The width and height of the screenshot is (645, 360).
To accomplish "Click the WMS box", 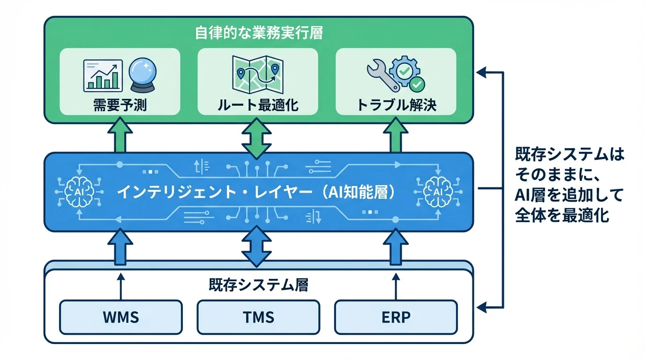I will point(120,317).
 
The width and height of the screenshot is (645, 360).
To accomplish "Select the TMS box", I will point(258,317).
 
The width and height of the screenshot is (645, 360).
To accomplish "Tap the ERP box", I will point(396,317).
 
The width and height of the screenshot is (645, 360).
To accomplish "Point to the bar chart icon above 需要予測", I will point(102,75).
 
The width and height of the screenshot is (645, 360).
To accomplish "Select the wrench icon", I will point(382,75).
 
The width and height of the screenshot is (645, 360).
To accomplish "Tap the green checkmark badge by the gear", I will point(416,85).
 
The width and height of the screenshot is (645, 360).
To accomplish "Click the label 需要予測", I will point(120,105).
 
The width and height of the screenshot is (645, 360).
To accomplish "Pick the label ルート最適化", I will point(257,105).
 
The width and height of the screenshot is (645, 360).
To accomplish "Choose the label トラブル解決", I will point(396,105).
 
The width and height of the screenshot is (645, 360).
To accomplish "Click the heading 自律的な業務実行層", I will point(258,33).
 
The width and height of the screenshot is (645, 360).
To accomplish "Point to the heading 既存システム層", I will point(258,285).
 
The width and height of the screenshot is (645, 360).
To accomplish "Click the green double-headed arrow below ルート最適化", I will point(257,138).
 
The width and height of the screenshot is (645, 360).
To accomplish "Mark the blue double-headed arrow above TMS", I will point(257,246).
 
